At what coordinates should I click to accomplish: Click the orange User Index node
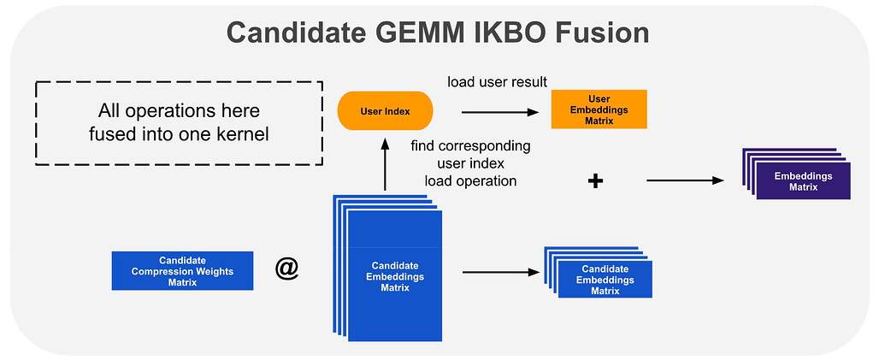click(385, 111)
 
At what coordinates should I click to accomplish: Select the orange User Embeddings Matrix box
click(599, 109)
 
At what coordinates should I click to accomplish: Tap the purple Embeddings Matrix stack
click(796, 174)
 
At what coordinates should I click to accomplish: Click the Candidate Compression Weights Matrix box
click(182, 270)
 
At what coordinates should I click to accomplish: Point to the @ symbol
click(287, 269)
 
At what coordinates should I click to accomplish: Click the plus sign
click(595, 181)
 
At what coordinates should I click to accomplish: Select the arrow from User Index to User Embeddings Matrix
click(500, 112)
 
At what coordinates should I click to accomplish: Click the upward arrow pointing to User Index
click(385, 164)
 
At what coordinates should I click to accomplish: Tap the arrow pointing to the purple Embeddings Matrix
click(685, 180)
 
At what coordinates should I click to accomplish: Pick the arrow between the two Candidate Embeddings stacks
click(500, 273)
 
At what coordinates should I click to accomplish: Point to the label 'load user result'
click(497, 82)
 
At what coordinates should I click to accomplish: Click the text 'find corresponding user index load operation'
click(470, 163)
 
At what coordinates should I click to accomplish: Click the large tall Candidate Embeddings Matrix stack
click(387, 268)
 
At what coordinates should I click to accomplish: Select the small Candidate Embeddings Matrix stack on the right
click(599, 272)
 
